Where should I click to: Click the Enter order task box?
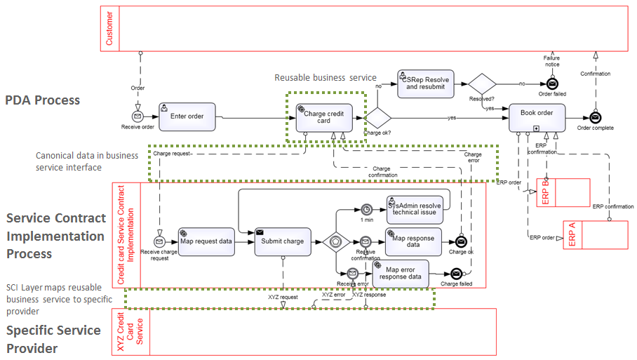[187, 116]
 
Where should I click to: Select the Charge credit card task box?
[323, 116]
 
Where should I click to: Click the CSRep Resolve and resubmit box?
[424, 83]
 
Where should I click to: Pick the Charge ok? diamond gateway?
[378, 117]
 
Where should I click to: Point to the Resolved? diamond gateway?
[483, 84]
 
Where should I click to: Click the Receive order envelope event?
[138, 116]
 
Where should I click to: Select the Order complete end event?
[595, 117]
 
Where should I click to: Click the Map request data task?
[206, 241]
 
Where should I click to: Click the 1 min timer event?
[366, 209]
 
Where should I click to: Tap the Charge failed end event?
[456, 274]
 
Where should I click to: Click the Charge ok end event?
[461, 241]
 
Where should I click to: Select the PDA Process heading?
[43, 100]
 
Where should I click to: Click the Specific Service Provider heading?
[53, 338]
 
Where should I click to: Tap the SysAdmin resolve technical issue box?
[415, 209]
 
